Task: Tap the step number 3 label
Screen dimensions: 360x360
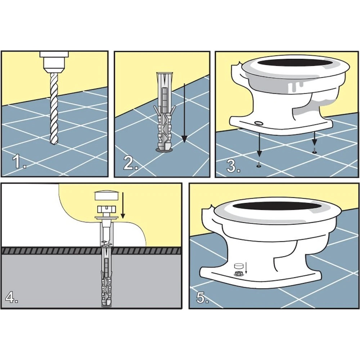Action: click(x=233, y=165)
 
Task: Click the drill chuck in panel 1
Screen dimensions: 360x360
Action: click(x=54, y=61)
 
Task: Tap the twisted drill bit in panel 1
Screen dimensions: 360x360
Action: click(x=54, y=108)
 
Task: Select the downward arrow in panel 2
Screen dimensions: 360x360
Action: click(x=184, y=113)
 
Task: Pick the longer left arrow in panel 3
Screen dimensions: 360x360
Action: click(x=259, y=145)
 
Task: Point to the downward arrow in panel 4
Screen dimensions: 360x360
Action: click(x=123, y=205)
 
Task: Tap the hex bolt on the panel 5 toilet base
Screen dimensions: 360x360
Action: click(x=239, y=274)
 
